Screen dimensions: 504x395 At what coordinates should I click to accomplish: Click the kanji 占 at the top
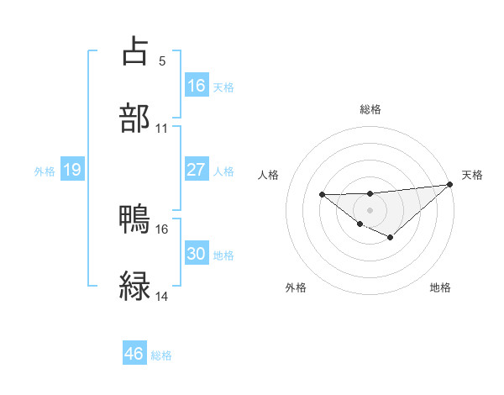click(135, 51)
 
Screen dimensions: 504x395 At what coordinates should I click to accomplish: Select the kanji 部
click(135, 118)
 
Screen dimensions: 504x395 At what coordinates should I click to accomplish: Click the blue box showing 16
click(197, 86)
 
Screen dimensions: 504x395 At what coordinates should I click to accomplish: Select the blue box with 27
click(197, 170)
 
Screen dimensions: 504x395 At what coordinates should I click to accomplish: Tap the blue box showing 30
click(197, 254)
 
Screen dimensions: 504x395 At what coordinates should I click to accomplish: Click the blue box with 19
click(72, 171)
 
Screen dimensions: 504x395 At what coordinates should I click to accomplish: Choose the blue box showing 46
click(134, 354)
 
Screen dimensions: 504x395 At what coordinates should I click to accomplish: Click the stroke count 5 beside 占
click(161, 61)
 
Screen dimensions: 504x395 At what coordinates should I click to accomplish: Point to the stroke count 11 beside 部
click(161, 129)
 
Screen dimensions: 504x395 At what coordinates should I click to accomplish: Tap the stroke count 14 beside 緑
click(161, 297)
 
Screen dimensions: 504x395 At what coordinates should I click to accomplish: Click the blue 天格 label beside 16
click(223, 87)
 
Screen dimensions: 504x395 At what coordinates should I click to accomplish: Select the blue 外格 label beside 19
click(45, 171)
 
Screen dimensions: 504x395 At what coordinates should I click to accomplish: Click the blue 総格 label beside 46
click(161, 355)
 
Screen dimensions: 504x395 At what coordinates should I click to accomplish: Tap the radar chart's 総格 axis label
click(370, 109)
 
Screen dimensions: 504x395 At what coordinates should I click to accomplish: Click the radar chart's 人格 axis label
click(270, 175)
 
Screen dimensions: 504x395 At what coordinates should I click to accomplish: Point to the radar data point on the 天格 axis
click(450, 184)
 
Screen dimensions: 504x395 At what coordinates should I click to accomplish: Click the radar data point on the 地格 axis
click(390, 238)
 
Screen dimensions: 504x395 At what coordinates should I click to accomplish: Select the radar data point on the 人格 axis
click(322, 195)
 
